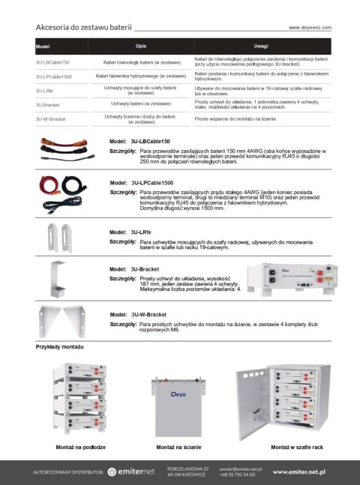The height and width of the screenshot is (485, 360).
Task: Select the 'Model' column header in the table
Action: click(43, 46)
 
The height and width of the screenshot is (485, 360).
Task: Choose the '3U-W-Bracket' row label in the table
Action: click(52, 118)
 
